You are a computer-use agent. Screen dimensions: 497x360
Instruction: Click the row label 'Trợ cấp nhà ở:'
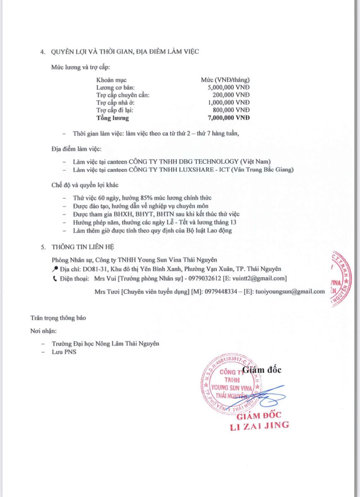coord(115,102)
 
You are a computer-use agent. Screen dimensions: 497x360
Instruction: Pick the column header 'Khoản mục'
coord(111,80)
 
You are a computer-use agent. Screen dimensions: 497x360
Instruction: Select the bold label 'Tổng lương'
coord(113,118)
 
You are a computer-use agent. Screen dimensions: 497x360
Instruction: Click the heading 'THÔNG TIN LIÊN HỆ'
coord(83,247)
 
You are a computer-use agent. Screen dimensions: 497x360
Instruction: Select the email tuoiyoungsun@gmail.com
coord(290,292)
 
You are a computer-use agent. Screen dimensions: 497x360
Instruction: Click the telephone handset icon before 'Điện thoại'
coord(55,278)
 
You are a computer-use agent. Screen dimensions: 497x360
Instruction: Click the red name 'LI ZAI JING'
coord(259,426)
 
